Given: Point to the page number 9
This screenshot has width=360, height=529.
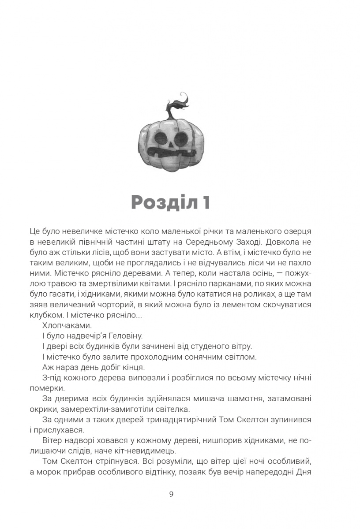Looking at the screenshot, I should [x=171, y=494].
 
